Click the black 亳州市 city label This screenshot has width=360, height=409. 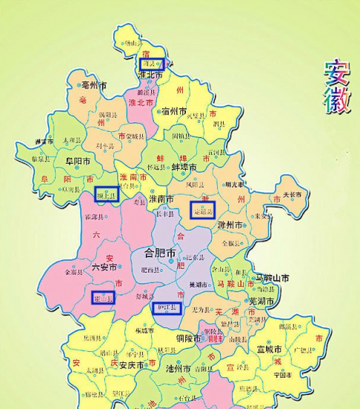[x=96, y=85]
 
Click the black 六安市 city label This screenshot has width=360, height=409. [x=103, y=267]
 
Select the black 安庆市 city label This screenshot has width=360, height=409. [x=133, y=365]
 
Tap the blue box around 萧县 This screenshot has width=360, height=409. [x=152, y=64]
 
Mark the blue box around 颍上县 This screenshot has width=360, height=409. [x=107, y=194]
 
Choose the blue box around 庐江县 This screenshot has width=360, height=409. [x=167, y=307]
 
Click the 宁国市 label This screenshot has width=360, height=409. [x=283, y=374]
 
